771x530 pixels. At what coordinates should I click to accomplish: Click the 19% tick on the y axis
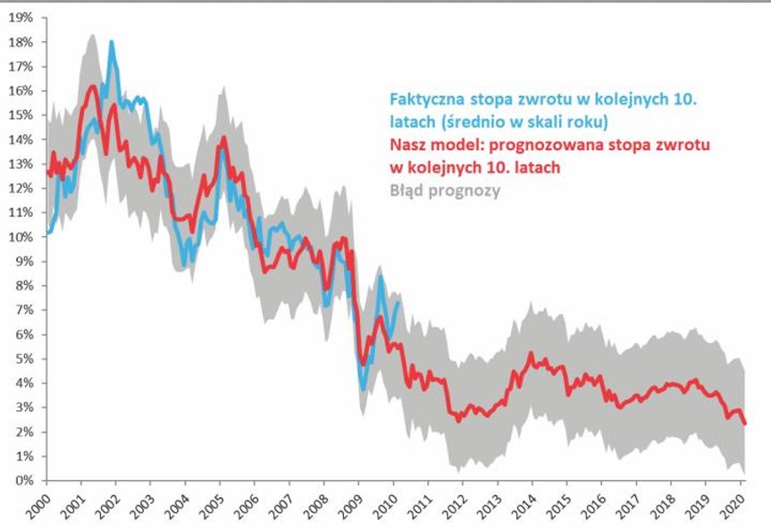point(21,18)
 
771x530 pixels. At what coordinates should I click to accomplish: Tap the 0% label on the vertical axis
point(24,481)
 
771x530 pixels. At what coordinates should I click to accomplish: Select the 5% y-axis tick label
point(24,359)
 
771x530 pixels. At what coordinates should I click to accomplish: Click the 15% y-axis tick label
point(21,115)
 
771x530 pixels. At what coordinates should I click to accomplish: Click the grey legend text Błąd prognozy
point(445,189)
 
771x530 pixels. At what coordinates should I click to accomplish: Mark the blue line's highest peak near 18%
point(112,42)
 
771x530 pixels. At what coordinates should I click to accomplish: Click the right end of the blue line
point(398,303)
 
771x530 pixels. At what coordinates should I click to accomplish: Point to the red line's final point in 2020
point(745,424)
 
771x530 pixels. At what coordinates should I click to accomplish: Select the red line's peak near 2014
point(531,355)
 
